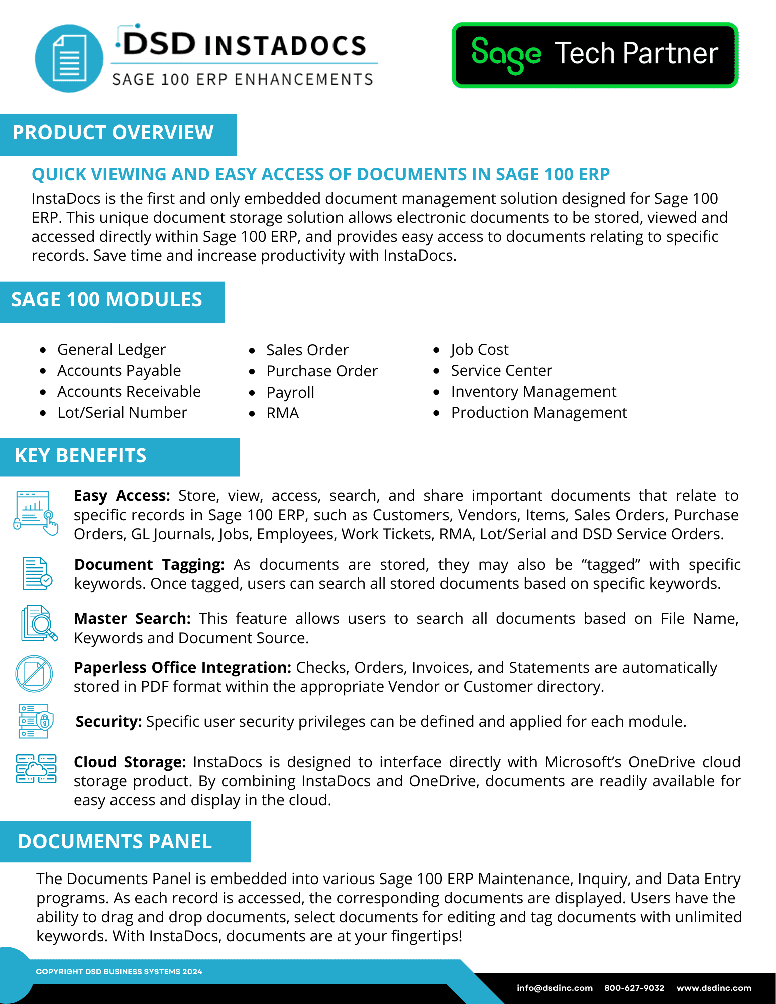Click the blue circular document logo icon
pos(69,59)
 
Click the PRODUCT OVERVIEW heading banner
pos(114,133)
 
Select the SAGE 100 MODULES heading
pos(107,300)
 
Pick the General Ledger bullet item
pos(111,350)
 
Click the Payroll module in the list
pos(290,392)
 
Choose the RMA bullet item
pos(283,413)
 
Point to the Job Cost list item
pos(479,350)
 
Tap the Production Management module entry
pos(538,413)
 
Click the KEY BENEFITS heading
pos(80,456)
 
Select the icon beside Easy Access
pos(36,513)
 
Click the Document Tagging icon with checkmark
pos(37,573)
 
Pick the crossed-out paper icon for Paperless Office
pos(34,673)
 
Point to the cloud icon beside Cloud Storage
pos(36,769)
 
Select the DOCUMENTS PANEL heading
pos(115,842)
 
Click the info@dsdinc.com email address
pos(555,988)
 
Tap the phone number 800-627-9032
pos(634,988)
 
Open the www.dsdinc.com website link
pos(714,988)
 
